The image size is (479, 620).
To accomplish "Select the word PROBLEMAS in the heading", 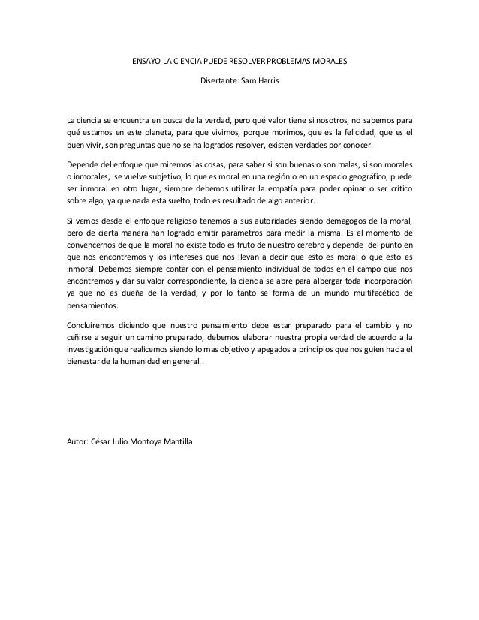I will (x=296, y=59).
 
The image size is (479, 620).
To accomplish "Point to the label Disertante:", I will (x=219, y=79).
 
